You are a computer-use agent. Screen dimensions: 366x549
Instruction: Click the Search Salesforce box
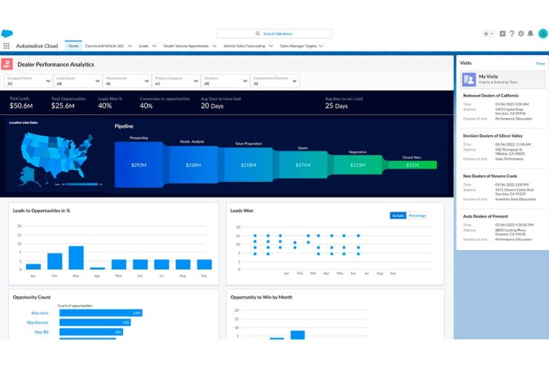[x=274, y=33]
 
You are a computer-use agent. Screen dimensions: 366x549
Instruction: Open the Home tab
[x=73, y=46]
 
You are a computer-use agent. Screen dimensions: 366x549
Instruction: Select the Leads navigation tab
[x=144, y=46]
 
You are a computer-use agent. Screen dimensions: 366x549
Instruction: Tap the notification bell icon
[x=530, y=33]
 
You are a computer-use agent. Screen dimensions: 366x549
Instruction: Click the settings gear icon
[x=521, y=33]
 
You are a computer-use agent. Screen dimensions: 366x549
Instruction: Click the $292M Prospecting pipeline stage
[x=139, y=165]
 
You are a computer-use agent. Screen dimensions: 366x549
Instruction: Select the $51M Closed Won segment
[x=412, y=165]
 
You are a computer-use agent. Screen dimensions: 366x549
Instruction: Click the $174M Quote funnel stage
[x=303, y=165]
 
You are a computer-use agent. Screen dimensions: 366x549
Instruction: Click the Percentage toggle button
[x=417, y=215]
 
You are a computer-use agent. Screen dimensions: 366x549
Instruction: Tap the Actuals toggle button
[x=398, y=215]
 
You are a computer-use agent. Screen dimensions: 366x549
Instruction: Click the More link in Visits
[x=540, y=64]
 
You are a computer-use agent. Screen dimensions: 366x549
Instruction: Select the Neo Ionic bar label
[x=40, y=313]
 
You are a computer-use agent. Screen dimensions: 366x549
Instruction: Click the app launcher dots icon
[x=7, y=46]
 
